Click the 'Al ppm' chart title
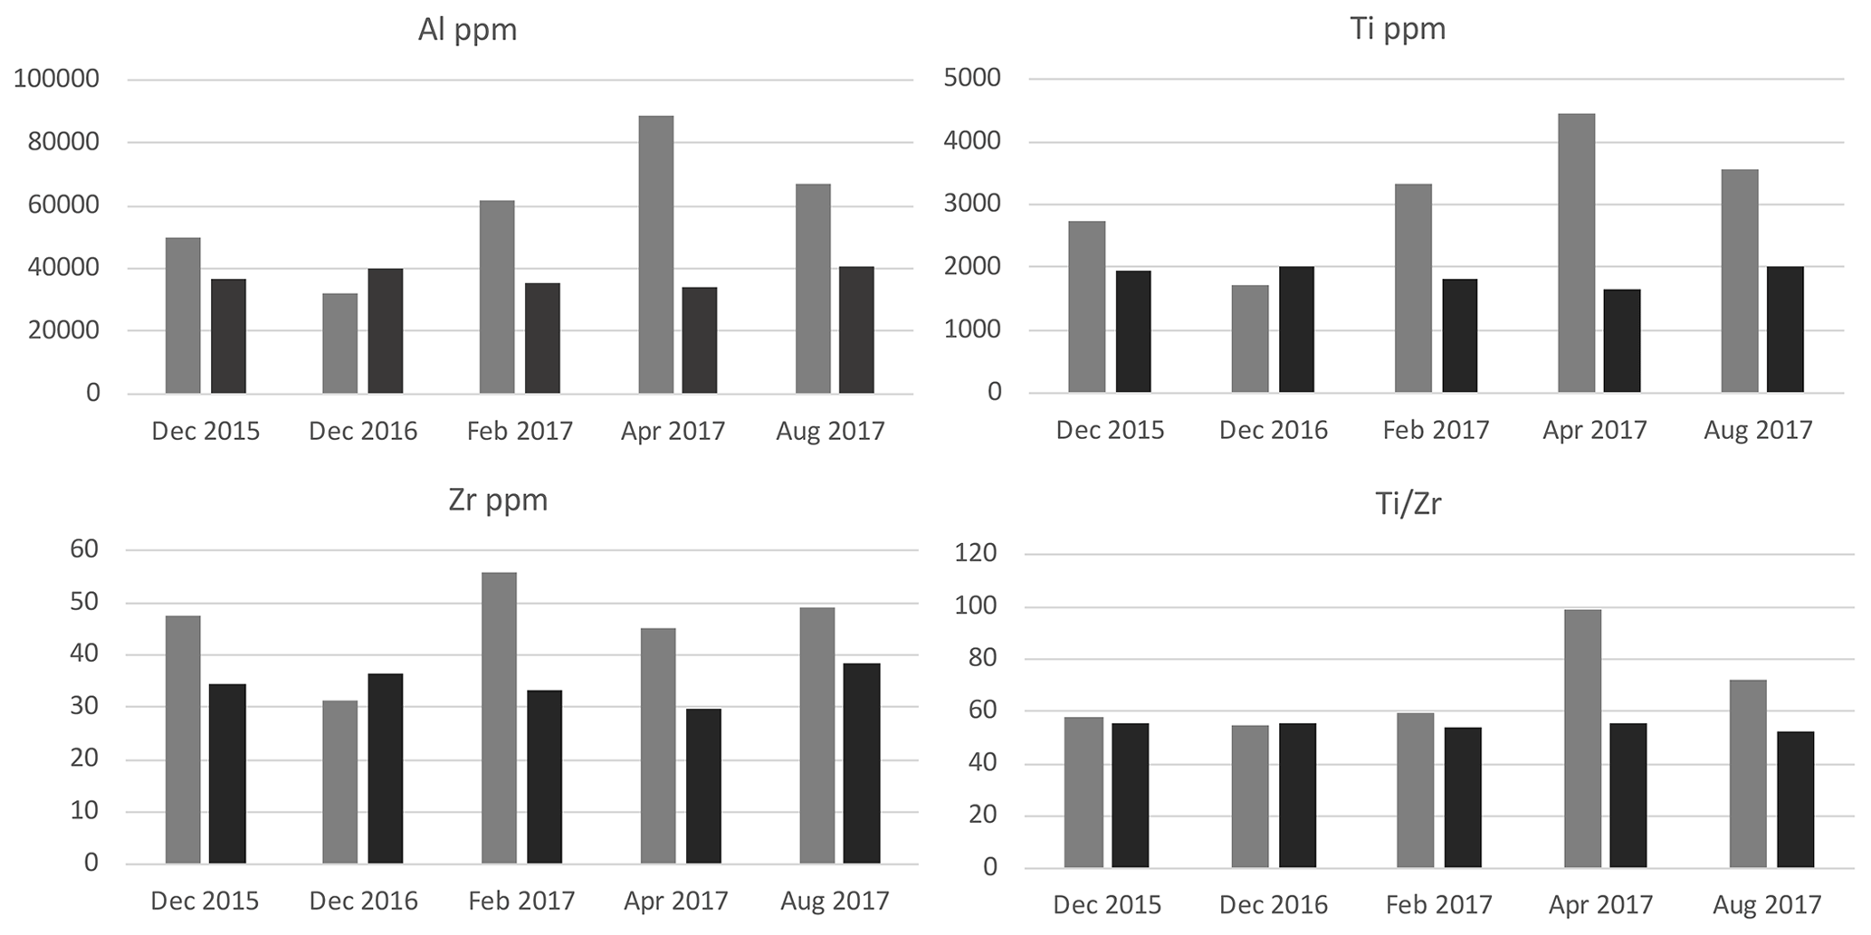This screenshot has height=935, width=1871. click(467, 30)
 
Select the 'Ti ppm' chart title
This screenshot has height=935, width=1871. click(1398, 29)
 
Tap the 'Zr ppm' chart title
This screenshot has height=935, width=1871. click(498, 500)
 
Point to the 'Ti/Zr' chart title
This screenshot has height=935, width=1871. click(1408, 503)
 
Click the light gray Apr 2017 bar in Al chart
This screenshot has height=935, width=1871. click(655, 254)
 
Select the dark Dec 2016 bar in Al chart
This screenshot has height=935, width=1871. click(385, 330)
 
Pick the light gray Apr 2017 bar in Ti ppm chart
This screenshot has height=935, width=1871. click(1576, 253)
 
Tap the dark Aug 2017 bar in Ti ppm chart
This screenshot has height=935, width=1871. click(1785, 329)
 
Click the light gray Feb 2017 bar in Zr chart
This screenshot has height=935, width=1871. click(499, 718)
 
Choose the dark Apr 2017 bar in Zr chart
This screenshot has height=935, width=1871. click(703, 786)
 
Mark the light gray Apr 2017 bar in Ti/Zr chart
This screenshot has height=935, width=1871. click(1582, 739)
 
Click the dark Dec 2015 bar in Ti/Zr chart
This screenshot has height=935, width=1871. click(1130, 796)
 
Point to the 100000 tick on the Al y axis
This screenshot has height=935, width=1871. click(56, 80)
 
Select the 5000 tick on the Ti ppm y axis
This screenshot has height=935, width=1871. click(972, 78)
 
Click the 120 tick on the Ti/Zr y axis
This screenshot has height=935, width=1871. click(976, 554)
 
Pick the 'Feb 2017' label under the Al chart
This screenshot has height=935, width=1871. click(520, 431)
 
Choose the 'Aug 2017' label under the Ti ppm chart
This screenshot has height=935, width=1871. click(1758, 430)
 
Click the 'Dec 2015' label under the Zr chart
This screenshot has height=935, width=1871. click(205, 902)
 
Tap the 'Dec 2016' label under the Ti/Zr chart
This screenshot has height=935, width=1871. click(1273, 905)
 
